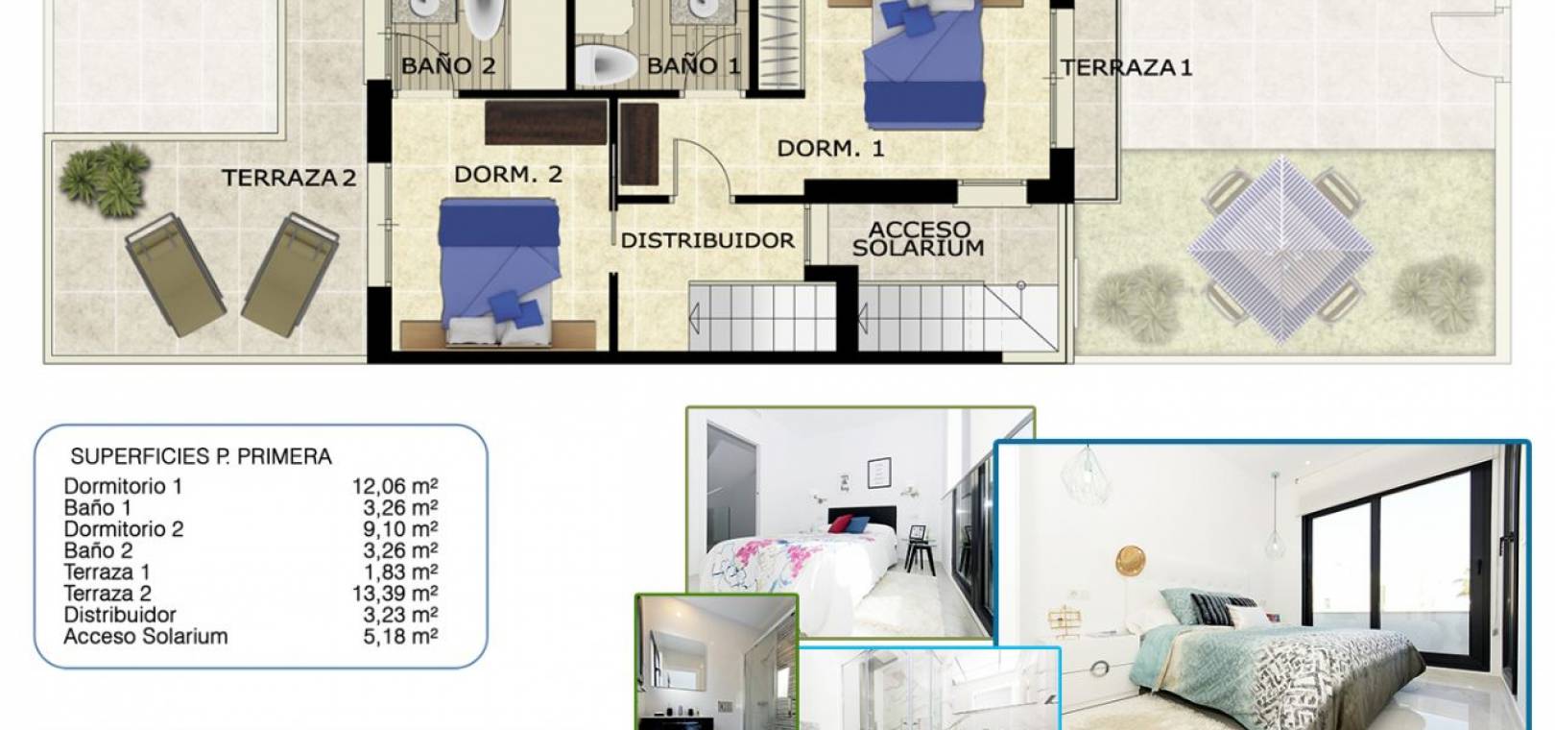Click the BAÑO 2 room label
click(448, 66)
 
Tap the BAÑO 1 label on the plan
click(694, 66)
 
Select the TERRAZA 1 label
click(1127, 67)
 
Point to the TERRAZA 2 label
click(289, 178)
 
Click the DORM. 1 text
click(831, 148)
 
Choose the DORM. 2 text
click(508, 175)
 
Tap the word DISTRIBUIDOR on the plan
click(707, 240)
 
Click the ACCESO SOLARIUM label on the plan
click(919, 238)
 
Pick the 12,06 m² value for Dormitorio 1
click(395, 486)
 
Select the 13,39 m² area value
click(395, 594)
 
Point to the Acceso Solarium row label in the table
click(146, 636)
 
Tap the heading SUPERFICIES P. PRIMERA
click(202, 456)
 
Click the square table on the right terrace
click(1280, 249)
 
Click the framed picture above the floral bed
click(879, 473)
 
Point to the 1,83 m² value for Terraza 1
click(400, 572)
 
